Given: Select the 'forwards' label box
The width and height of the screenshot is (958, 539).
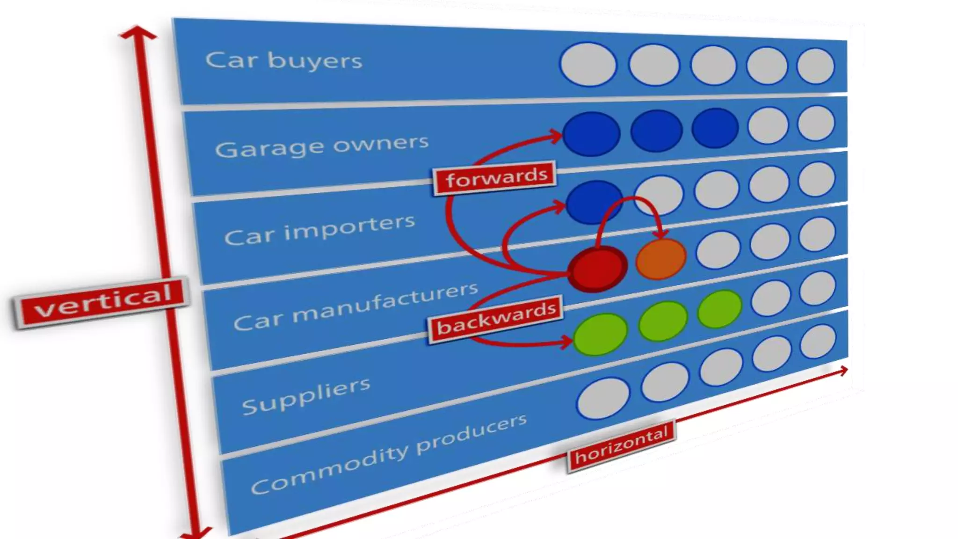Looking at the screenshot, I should click(495, 178).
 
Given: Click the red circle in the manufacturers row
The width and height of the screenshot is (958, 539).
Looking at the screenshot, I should click(597, 269).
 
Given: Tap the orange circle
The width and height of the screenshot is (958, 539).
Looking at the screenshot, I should click(661, 259).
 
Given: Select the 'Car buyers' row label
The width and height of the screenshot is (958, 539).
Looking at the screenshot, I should click(283, 61).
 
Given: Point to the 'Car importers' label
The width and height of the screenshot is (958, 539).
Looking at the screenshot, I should click(319, 229).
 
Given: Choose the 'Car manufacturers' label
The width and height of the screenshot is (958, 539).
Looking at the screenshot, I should click(356, 306).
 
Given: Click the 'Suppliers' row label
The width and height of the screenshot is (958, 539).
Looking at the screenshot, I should click(306, 396).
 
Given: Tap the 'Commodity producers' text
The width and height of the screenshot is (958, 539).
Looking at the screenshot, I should click(388, 455).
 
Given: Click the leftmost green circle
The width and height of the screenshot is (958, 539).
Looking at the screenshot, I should click(600, 334).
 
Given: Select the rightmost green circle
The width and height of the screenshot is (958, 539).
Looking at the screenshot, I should click(719, 309).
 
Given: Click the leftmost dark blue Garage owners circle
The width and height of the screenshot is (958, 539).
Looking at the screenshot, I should click(591, 133).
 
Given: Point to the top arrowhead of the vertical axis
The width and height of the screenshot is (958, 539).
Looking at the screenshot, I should click(138, 33).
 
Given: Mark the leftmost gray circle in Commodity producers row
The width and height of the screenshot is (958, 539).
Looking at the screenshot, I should click(603, 398).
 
